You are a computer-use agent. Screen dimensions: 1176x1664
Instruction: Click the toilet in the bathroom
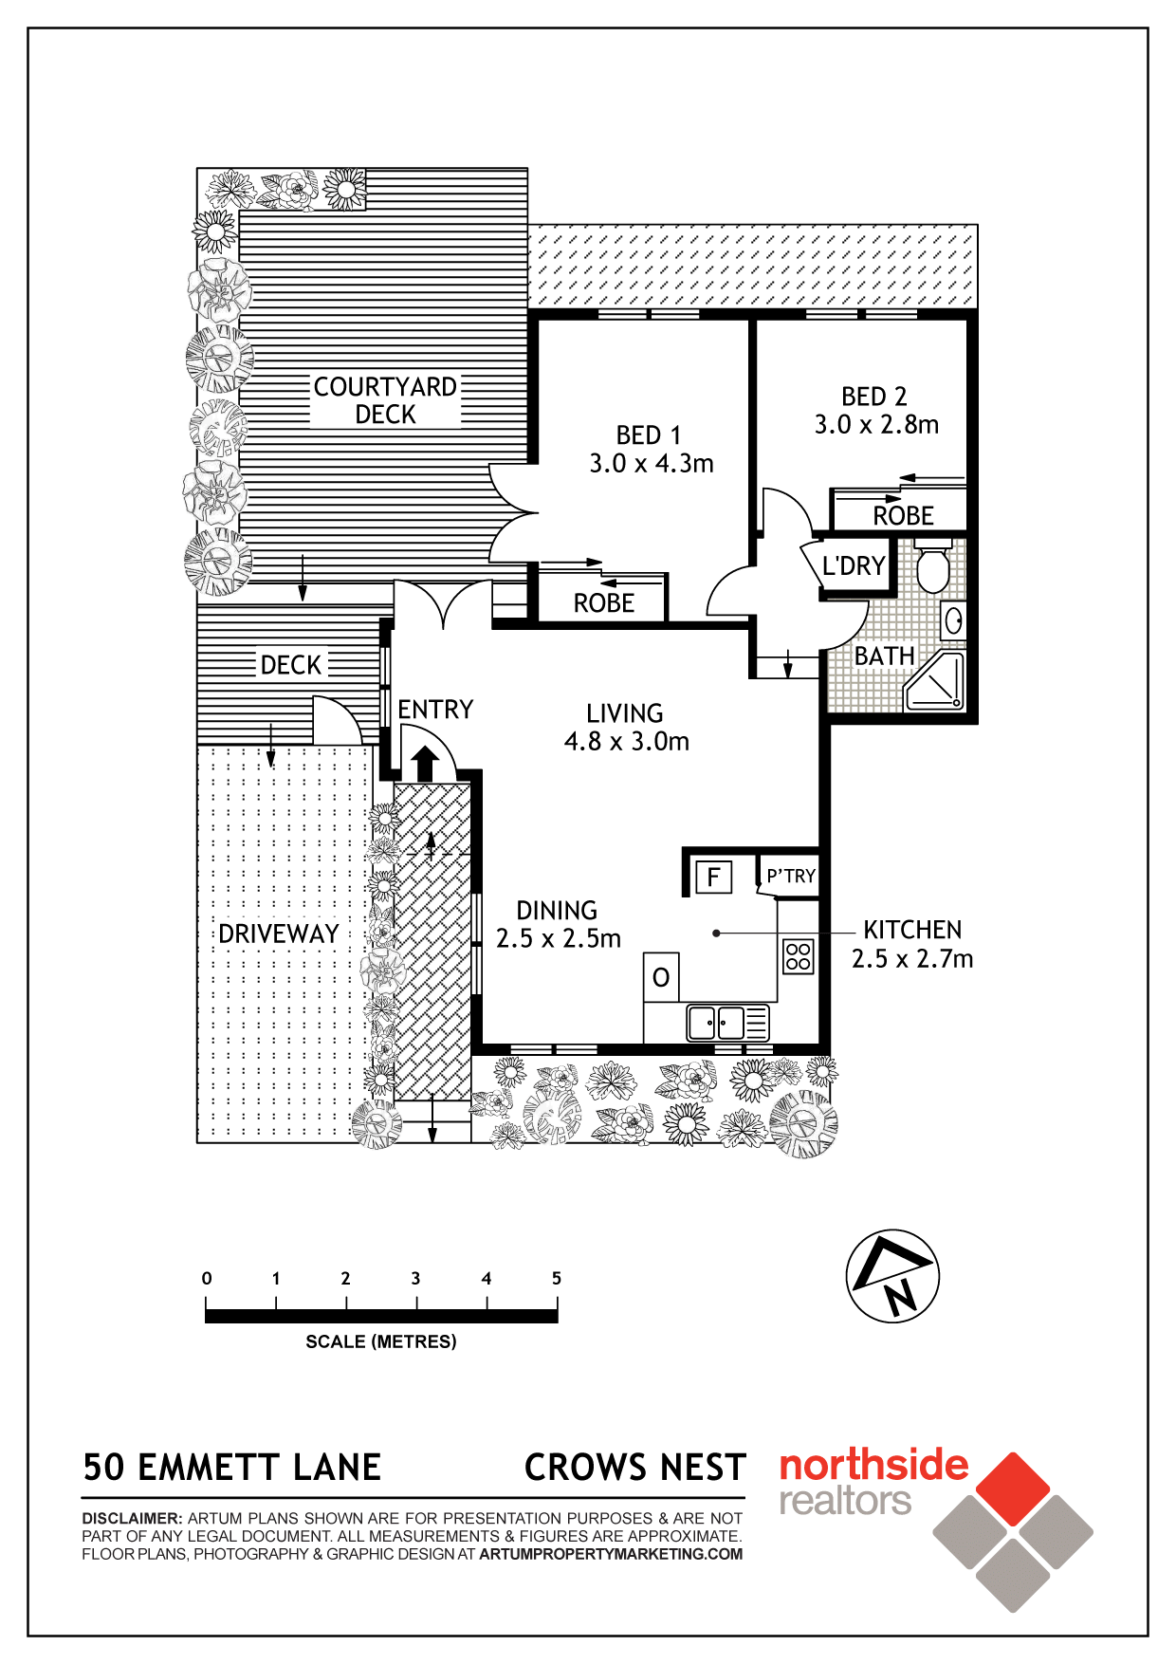tap(933, 566)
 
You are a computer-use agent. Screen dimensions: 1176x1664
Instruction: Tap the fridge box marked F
tap(713, 876)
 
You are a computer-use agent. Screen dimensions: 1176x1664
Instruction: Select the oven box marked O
tap(661, 977)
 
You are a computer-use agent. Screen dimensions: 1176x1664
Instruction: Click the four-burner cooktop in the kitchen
tap(799, 956)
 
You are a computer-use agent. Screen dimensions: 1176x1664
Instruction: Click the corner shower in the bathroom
tap(936, 680)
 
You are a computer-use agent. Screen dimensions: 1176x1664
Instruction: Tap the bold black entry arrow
tap(426, 764)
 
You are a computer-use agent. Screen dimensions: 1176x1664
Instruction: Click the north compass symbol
tap(892, 1276)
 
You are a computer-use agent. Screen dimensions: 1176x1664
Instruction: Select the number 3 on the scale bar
tap(415, 1278)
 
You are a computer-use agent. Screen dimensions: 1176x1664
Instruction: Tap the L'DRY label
tap(854, 565)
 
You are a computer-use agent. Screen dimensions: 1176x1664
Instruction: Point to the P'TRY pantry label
tap(791, 876)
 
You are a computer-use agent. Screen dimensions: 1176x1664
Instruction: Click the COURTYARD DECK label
tap(385, 400)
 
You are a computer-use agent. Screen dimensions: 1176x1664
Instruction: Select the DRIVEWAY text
tap(279, 934)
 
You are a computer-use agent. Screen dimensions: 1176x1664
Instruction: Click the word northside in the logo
tap(873, 1466)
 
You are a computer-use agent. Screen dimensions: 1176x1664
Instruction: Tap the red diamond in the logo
tap(1014, 1488)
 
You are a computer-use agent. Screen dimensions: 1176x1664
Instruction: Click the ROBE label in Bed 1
tap(604, 603)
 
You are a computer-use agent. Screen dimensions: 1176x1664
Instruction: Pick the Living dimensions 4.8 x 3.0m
tap(627, 741)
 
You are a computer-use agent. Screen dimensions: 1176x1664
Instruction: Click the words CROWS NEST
tap(635, 1468)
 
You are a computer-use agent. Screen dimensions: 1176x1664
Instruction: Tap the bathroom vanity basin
tap(953, 621)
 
